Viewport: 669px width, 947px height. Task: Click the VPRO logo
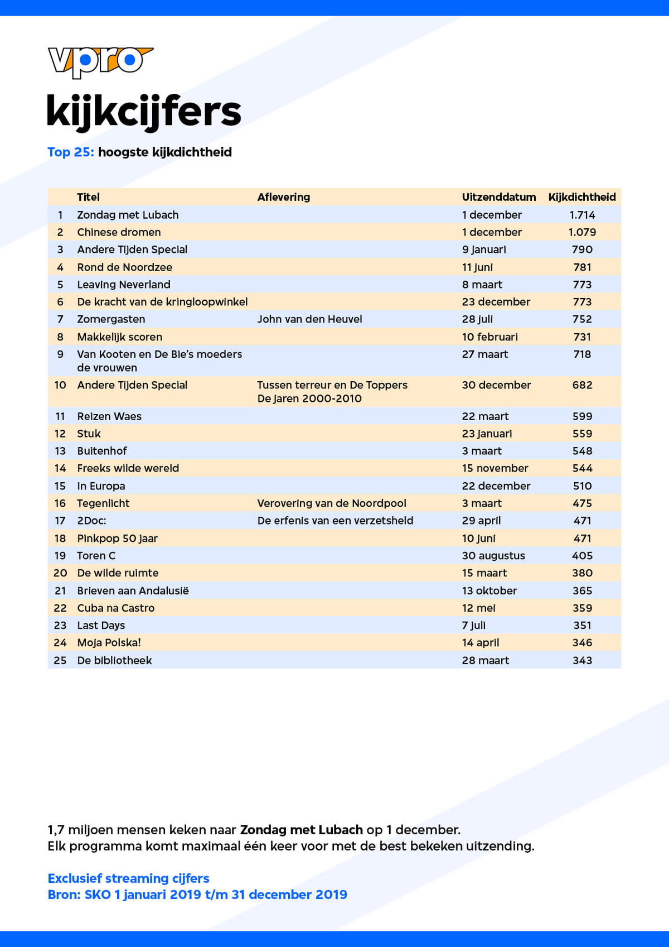100,61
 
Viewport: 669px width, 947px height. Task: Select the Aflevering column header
283,197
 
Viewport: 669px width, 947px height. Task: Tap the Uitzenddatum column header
498,197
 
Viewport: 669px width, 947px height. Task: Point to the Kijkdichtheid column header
581,197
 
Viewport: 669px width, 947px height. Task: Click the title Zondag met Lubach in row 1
128,215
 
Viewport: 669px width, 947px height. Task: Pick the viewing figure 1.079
582,232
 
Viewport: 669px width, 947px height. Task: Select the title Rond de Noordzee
124,267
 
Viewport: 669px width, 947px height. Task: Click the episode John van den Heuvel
309,319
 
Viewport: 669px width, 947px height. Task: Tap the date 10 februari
489,337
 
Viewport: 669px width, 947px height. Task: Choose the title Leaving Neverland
124,285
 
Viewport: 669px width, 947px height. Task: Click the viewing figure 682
582,385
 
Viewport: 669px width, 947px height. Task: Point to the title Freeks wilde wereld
128,468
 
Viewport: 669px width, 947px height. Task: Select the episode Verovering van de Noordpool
332,503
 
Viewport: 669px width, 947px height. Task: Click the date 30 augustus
493,556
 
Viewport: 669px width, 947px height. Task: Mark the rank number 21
60,591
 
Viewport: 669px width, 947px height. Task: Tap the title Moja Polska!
109,643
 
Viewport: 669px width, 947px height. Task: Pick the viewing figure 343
582,661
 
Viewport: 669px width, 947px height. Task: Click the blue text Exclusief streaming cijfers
128,878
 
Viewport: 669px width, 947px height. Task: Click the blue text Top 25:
71,152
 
